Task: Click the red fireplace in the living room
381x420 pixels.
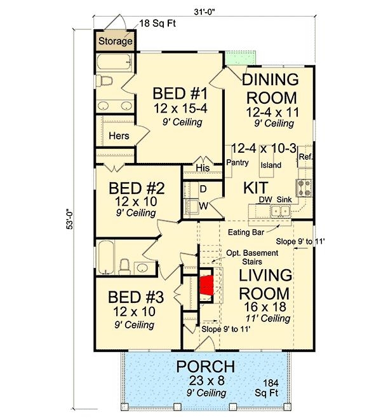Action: (206, 286)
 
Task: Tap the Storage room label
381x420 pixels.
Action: (115, 41)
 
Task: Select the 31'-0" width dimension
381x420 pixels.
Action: (204, 12)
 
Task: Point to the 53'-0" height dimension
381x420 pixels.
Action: (70, 220)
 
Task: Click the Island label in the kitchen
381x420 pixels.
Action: (271, 165)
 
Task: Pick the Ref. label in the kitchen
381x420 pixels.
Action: (305, 157)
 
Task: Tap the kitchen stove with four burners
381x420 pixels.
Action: (304, 188)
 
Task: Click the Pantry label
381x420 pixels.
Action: (237, 162)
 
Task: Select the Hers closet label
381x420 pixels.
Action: (119, 136)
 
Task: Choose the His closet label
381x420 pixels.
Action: (203, 168)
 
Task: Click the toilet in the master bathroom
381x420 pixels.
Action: (104, 80)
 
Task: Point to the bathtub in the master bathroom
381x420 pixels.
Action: (114, 62)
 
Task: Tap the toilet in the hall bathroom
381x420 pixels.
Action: (124, 267)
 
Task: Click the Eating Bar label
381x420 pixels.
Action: (246, 232)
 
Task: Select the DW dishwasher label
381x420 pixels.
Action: (265, 200)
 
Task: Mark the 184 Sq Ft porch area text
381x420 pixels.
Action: (267, 388)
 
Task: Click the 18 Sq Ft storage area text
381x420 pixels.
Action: (157, 24)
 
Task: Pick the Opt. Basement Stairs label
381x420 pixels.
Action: (252, 257)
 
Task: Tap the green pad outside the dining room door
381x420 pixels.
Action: (241, 57)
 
